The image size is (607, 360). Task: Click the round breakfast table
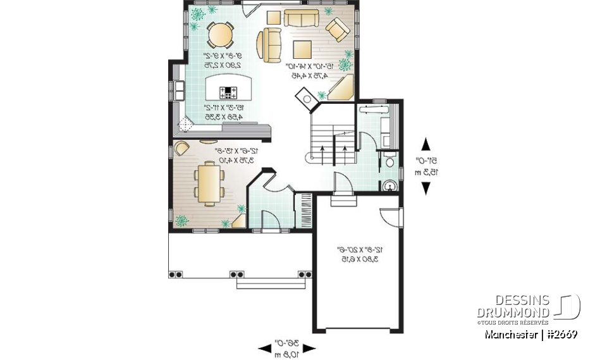coord(221,34)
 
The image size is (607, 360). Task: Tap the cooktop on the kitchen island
coord(227,91)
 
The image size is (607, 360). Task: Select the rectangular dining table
coord(207,183)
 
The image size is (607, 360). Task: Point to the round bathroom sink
coord(390,185)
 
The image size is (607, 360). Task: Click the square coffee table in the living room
coord(302,49)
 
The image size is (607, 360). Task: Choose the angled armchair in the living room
coord(336,29)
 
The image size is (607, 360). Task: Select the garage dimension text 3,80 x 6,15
coord(357,259)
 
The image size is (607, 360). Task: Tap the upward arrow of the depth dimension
coord(426,144)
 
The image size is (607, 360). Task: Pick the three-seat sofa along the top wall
coord(302,18)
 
